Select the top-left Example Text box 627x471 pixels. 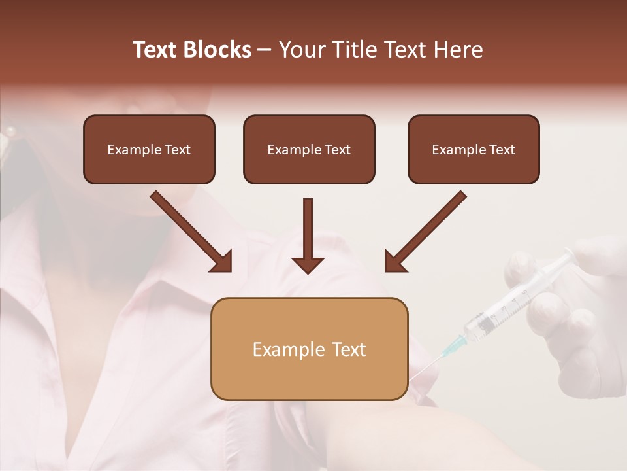click(x=149, y=149)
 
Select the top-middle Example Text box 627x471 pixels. click(x=309, y=149)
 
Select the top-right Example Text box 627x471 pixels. click(x=474, y=149)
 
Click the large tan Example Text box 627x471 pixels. click(x=309, y=349)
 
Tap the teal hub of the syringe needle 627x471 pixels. click(x=455, y=344)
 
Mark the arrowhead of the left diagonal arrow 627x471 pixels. click(x=222, y=262)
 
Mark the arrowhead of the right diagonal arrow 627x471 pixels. click(x=394, y=262)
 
